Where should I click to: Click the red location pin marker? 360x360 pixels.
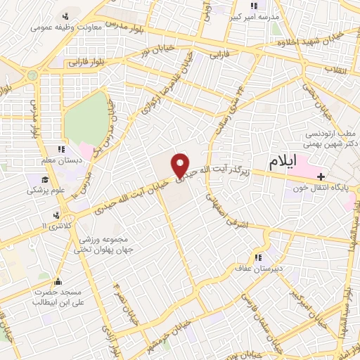[181, 165]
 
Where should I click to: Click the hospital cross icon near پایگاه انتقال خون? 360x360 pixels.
[321, 176]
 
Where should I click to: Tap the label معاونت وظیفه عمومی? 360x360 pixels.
[67, 28]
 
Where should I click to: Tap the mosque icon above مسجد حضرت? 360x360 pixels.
[58, 279]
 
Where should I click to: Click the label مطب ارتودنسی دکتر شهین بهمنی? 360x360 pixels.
[332, 139]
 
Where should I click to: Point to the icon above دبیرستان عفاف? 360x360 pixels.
[259, 257]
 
